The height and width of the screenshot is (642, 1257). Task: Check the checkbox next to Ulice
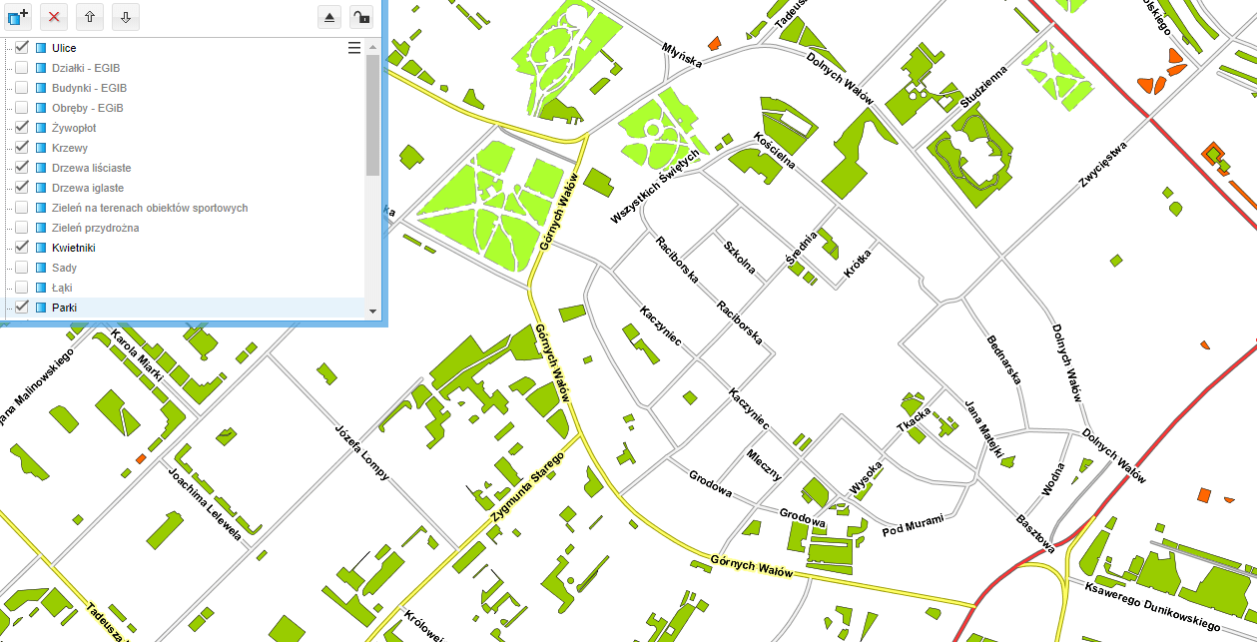[21, 48]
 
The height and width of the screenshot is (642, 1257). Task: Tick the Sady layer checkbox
[21, 268]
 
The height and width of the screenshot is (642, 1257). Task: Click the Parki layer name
[64, 308]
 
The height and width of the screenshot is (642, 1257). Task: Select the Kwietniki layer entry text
[73, 248]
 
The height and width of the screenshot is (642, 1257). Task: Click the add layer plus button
[18, 16]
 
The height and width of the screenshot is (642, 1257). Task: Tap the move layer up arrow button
[89, 16]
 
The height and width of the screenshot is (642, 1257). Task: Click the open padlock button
[363, 16]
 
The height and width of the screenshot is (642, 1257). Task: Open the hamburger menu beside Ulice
[353, 48]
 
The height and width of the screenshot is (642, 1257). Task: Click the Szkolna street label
[739, 257]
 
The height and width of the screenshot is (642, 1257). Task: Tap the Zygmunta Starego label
[528, 487]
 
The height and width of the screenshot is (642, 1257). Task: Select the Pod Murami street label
[913, 525]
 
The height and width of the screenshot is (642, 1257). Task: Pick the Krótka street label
[858, 267]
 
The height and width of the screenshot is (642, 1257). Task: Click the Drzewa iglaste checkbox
[21, 188]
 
